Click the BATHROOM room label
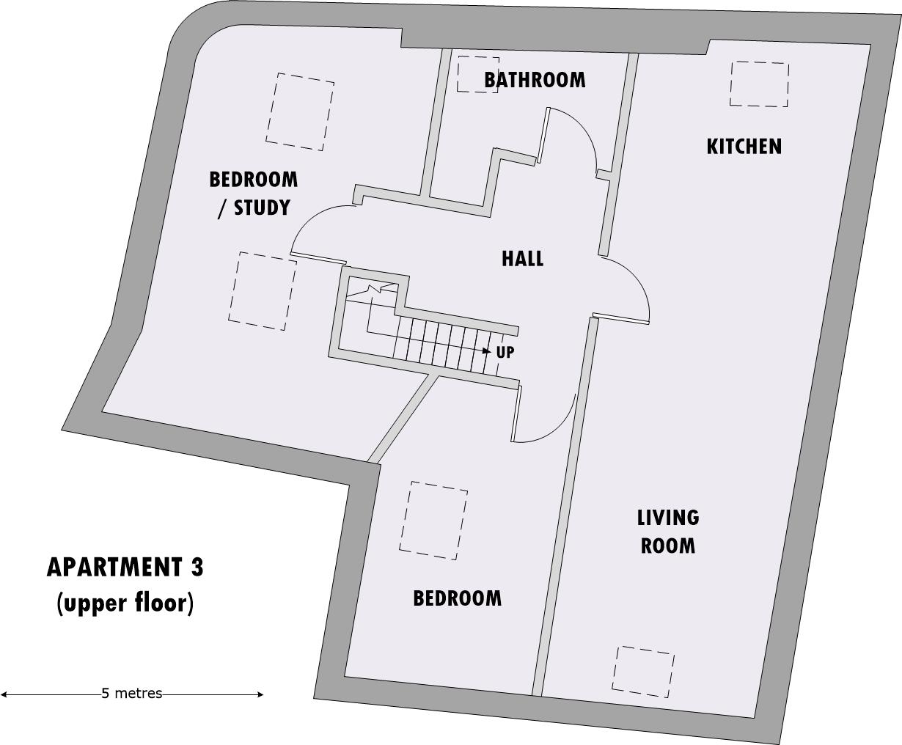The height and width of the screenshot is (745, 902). [x=535, y=79]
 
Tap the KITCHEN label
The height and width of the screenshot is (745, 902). [x=744, y=147]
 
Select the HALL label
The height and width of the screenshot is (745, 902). [x=522, y=258]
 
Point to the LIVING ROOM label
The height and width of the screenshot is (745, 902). [x=667, y=532]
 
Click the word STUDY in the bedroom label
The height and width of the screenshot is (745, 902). [x=262, y=208]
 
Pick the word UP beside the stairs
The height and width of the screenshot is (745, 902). [x=505, y=352]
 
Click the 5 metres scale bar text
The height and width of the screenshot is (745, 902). [x=131, y=694]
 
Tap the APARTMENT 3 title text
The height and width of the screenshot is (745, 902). [x=125, y=567]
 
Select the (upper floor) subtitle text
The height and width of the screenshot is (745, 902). [x=125, y=603]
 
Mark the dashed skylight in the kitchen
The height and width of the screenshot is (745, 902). [x=759, y=84]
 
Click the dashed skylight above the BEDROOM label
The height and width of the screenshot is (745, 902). [x=433, y=520]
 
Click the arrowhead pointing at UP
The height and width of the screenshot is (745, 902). [x=488, y=351]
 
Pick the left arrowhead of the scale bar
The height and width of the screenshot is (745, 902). [x=4, y=694]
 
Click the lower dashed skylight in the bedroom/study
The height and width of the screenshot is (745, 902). [x=262, y=290]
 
